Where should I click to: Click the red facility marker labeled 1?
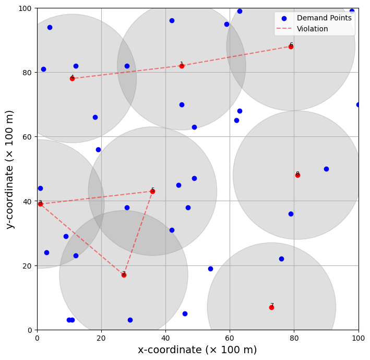pos(182,66)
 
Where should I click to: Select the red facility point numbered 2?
pos(124,275)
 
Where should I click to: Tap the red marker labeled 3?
pos(41,204)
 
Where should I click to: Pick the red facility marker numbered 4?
pos(72,79)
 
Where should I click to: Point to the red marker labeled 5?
pos(153,191)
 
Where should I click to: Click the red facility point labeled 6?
pos(291,47)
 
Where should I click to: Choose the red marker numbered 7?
pos(271,307)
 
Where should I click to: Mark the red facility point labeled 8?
pos(297,175)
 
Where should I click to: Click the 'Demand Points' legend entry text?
pos(324,18)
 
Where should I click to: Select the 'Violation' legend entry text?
pos(313,29)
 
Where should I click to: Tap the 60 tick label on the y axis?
pos(27,137)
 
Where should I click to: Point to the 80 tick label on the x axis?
pos(294,338)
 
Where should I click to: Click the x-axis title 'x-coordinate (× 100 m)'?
pos(197,350)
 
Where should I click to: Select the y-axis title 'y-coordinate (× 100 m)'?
pos(9,169)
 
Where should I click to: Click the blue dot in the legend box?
pos(284,18)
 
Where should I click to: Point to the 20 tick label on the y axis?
pos(27,266)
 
